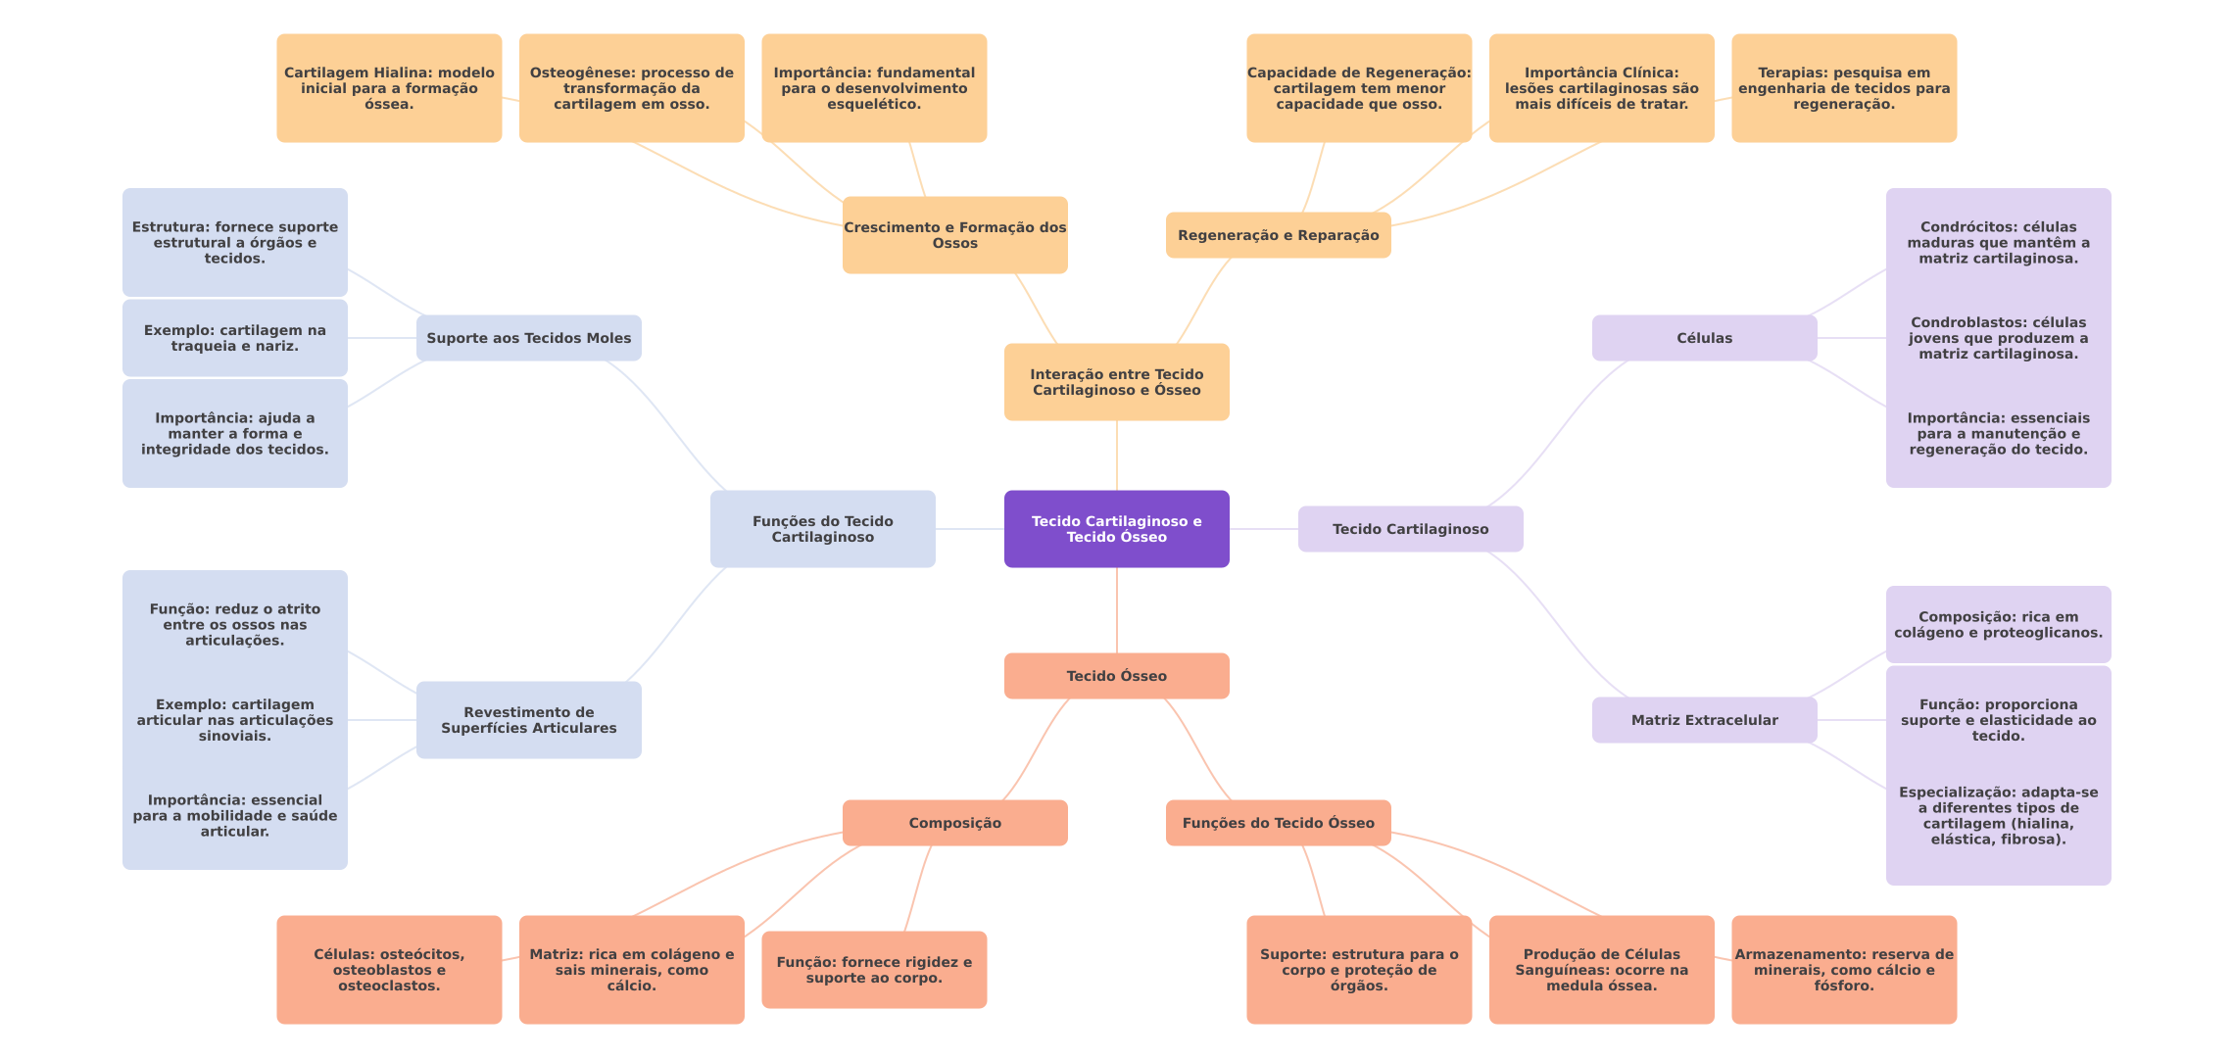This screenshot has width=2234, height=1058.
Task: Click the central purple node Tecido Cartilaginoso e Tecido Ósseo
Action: point(1116,529)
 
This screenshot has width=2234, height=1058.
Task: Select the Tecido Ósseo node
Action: point(1116,676)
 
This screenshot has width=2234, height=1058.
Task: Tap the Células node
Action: point(1704,338)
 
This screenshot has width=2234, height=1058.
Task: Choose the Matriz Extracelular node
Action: point(1704,720)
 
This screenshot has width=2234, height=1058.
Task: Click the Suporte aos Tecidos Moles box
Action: point(528,338)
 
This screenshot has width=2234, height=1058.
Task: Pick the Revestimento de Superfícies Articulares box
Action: point(528,720)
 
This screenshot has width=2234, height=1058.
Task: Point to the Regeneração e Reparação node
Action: point(1278,235)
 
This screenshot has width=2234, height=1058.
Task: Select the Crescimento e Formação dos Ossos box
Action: point(954,235)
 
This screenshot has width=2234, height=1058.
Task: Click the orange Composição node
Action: point(954,823)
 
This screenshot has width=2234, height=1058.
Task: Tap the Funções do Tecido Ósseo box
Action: point(1278,823)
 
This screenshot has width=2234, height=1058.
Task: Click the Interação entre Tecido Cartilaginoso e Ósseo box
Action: point(1116,382)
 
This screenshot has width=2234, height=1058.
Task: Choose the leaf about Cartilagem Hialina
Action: point(389,88)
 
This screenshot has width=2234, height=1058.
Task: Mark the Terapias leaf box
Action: point(1843,88)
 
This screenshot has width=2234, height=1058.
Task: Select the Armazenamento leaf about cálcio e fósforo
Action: point(1843,970)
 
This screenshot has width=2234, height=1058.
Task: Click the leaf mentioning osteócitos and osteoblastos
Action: point(389,970)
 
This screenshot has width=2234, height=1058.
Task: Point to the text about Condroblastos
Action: point(1998,338)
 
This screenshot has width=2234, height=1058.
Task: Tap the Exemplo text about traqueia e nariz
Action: point(234,338)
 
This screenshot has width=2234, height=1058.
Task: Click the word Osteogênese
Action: point(577,72)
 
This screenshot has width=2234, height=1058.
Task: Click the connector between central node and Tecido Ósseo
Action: point(1117,610)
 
